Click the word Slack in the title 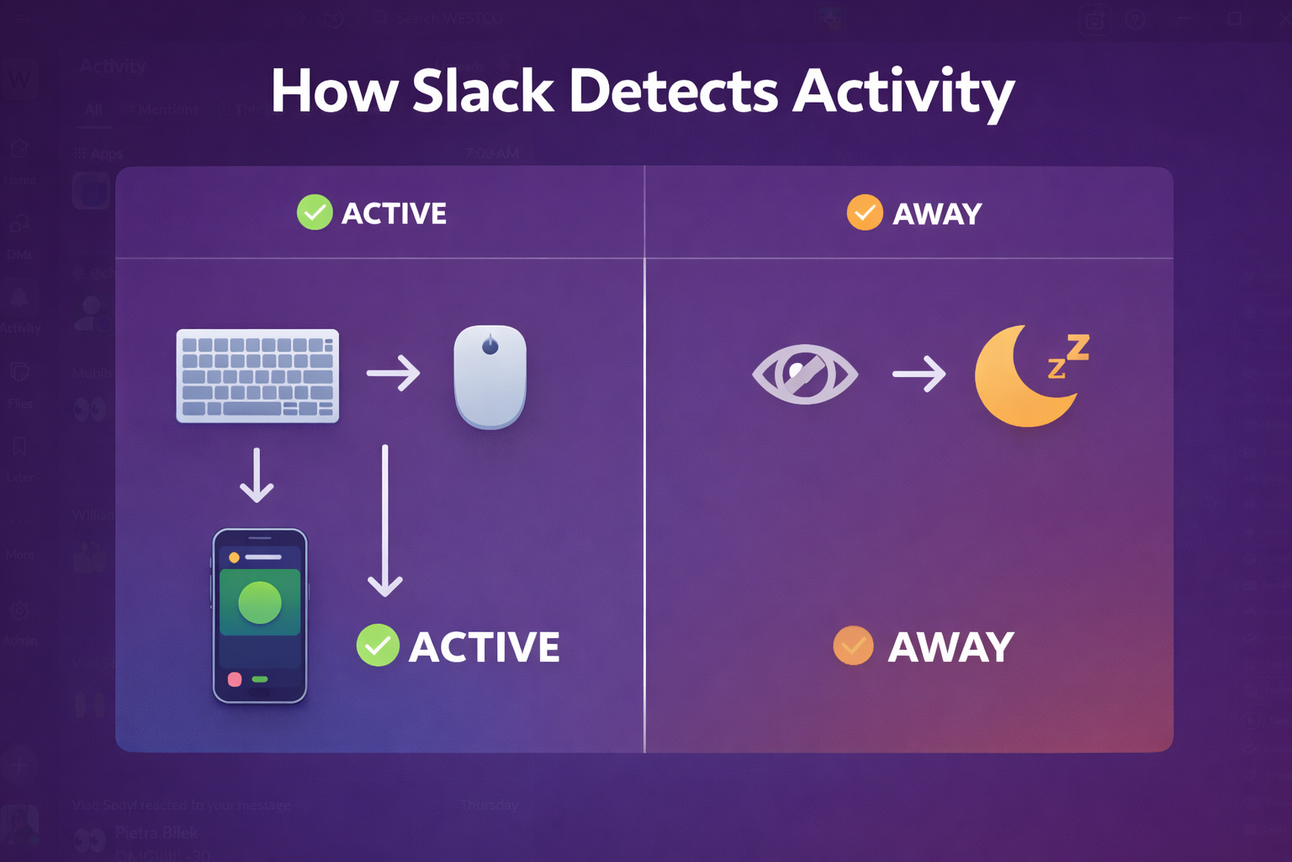coord(483,91)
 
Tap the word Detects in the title coord(674,91)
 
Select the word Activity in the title coord(903,93)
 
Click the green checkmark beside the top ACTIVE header coord(315,213)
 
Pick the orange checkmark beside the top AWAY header coord(865,213)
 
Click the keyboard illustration coord(257,375)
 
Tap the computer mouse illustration coord(490,376)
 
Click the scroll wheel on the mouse coord(490,345)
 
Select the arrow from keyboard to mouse coord(394,373)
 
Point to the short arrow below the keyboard coord(257,476)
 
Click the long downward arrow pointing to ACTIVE coord(385,522)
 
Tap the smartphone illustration coord(260,615)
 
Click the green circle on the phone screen coord(260,603)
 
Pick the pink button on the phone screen coord(235,679)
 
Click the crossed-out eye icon coord(805,374)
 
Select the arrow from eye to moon coord(919,373)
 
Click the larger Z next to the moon coord(1078,346)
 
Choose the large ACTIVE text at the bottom coord(484,646)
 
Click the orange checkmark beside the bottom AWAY coord(853,646)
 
